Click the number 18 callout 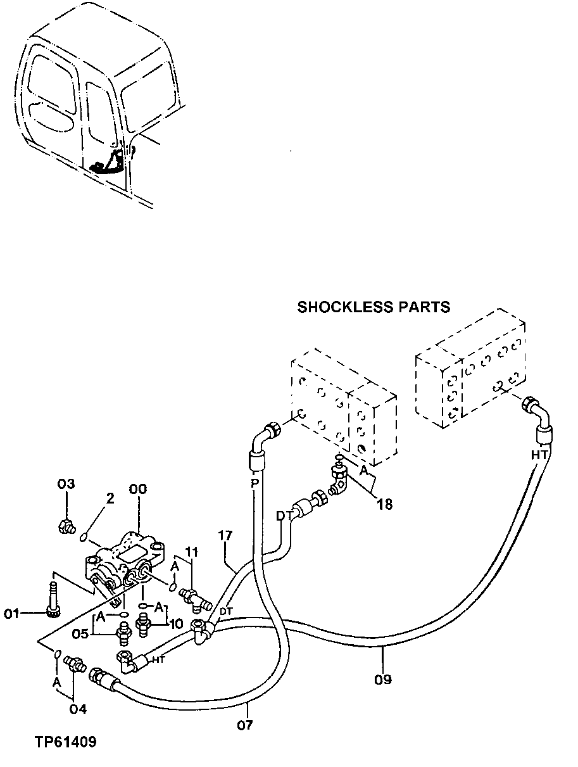[x=384, y=504]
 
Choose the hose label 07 [x=245, y=725]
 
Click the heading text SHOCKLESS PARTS [x=374, y=307]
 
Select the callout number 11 [x=192, y=551]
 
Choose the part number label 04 [x=77, y=709]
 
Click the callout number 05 [x=79, y=632]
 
